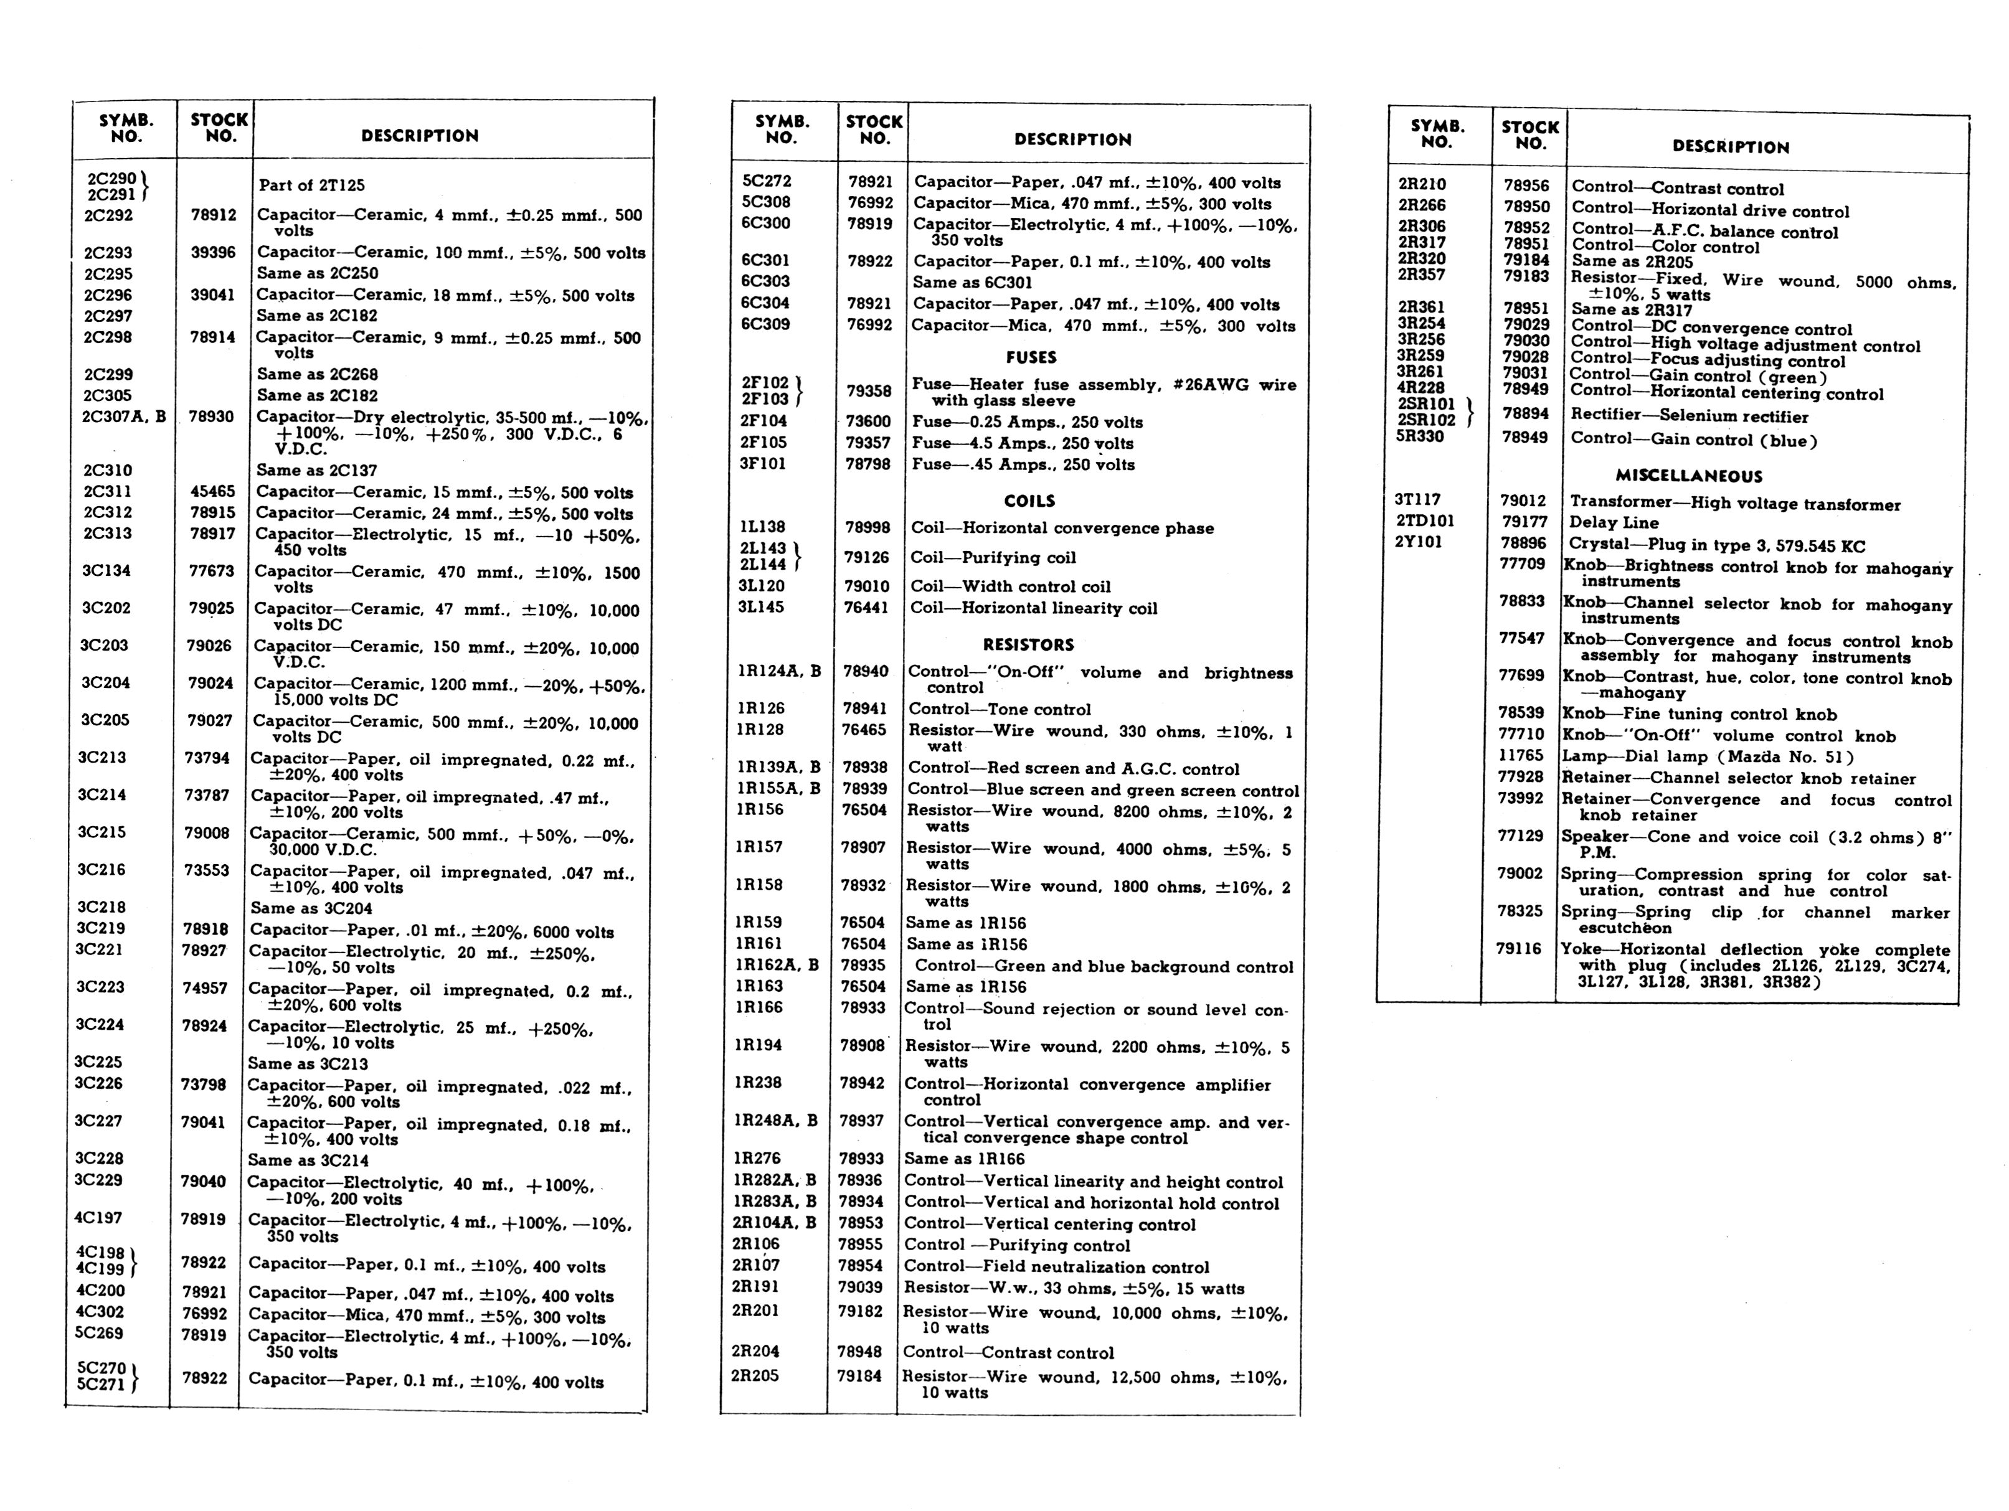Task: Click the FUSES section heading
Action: [1031, 358]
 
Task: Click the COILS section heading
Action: [1029, 501]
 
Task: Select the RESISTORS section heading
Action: [1028, 645]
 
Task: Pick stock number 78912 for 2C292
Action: [214, 215]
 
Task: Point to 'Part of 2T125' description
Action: [311, 186]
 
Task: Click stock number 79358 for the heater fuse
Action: [869, 392]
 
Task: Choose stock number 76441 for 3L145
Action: [866, 608]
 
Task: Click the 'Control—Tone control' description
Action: [999, 709]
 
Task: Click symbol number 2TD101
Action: [1425, 520]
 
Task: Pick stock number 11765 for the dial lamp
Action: [1520, 756]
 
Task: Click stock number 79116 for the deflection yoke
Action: [1518, 949]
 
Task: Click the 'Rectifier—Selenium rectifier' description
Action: [1690, 416]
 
